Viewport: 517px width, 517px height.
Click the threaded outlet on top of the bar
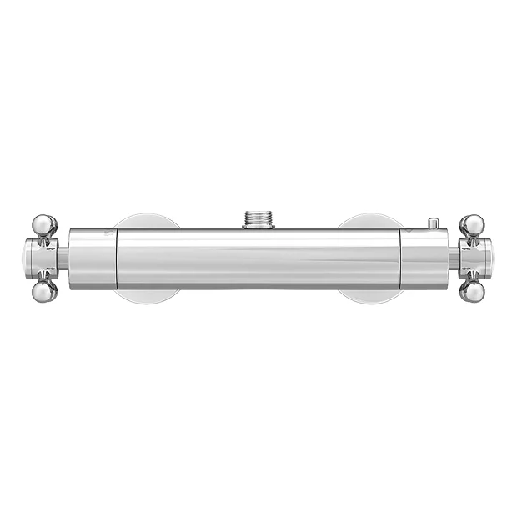pos(258,219)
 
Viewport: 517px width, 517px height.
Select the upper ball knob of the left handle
pos(44,224)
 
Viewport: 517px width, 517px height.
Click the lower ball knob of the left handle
pos(44,291)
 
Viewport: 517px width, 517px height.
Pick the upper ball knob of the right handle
pos(472,224)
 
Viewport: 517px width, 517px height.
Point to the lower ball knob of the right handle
pos(472,291)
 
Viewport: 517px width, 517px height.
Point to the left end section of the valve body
pos(92,258)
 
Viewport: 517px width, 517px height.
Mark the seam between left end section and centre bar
pos(116,258)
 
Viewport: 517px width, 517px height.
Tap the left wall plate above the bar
pos(147,221)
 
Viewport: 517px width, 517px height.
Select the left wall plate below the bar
pos(147,296)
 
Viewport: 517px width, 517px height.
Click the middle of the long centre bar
pos(258,258)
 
